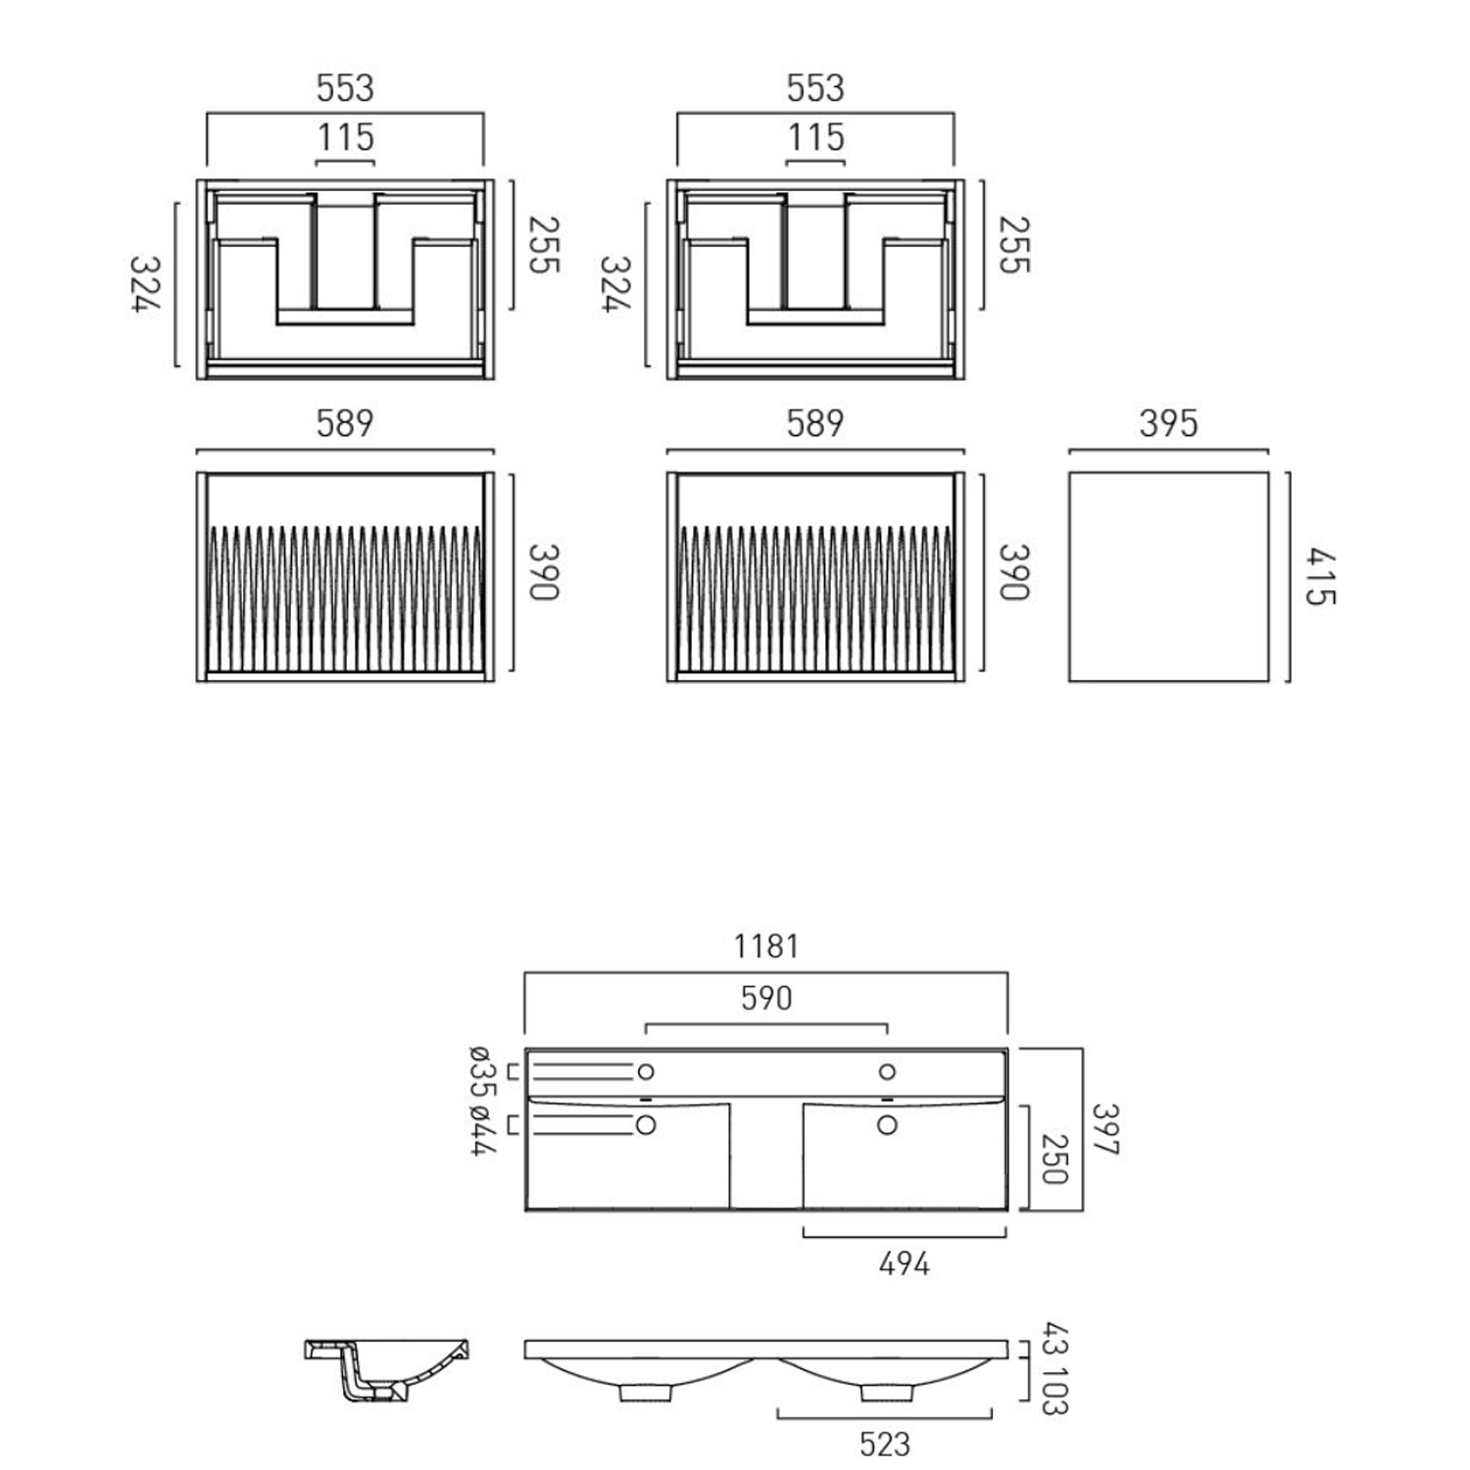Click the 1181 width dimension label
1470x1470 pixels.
766,947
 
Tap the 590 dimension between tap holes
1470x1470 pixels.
766,999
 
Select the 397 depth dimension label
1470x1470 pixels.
1105,1130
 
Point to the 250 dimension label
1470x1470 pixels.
1053,1159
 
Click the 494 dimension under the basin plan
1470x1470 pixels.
904,1264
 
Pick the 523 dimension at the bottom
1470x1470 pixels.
884,1445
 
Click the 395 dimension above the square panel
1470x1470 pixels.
1168,424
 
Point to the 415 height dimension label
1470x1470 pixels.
1320,577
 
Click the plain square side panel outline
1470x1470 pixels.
1168,577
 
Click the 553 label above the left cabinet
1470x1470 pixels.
345,88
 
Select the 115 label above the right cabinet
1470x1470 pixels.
815,138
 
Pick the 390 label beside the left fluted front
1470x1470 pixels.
544,572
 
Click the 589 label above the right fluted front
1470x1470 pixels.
815,424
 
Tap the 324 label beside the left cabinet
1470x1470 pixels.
145,284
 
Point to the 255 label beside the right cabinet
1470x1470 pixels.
1014,245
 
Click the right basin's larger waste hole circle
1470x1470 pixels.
887,1125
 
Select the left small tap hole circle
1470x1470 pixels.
645,1071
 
